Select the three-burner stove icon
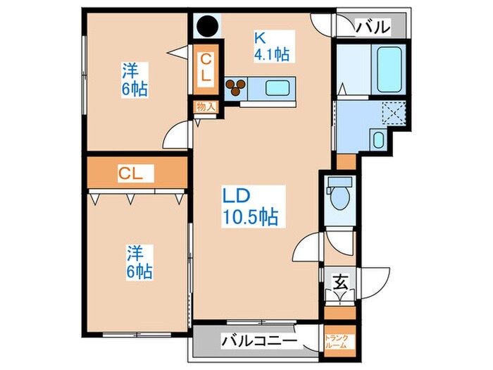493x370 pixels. pos(235,88)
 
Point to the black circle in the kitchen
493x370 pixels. pos(206,27)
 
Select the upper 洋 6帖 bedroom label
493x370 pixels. pos(132,80)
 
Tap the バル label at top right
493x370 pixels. pos(371,27)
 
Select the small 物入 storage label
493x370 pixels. pos(206,107)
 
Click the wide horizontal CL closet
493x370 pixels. pos(136,173)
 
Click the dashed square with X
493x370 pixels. pos(392,113)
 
